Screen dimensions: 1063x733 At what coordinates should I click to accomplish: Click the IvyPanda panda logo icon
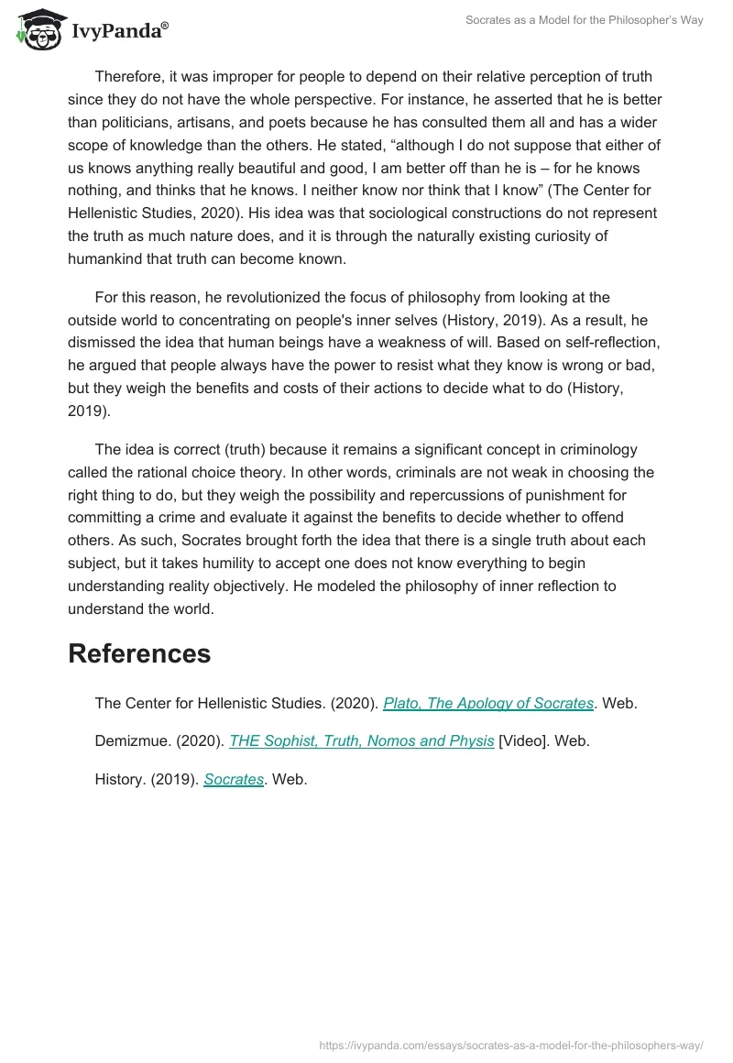[37, 28]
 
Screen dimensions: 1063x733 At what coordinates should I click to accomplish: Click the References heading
[139, 653]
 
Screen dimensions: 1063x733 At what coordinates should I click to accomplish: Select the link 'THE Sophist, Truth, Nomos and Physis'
[361, 741]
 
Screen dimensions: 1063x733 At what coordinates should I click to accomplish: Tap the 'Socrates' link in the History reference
[234, 780]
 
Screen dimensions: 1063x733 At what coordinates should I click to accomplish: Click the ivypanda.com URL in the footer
[511, 1045]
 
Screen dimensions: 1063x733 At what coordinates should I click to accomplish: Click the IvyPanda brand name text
[119, 31]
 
